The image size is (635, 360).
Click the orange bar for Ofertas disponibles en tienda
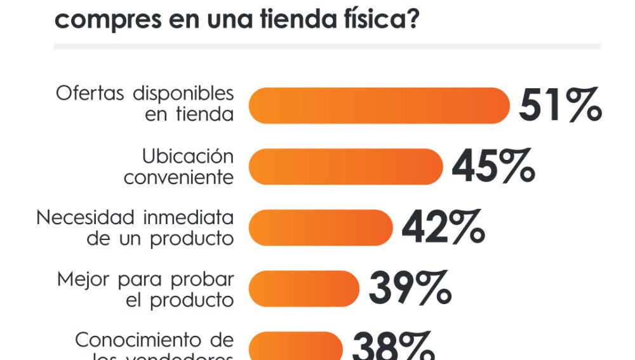379,105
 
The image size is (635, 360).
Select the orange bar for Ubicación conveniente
345,166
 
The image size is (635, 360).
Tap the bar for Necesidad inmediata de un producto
321,227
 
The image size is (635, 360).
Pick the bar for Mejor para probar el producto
304,288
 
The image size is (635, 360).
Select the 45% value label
493,166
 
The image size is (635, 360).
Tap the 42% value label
443,227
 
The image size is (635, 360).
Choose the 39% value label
410,288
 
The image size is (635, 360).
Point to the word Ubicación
187,156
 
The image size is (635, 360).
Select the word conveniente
178,178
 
